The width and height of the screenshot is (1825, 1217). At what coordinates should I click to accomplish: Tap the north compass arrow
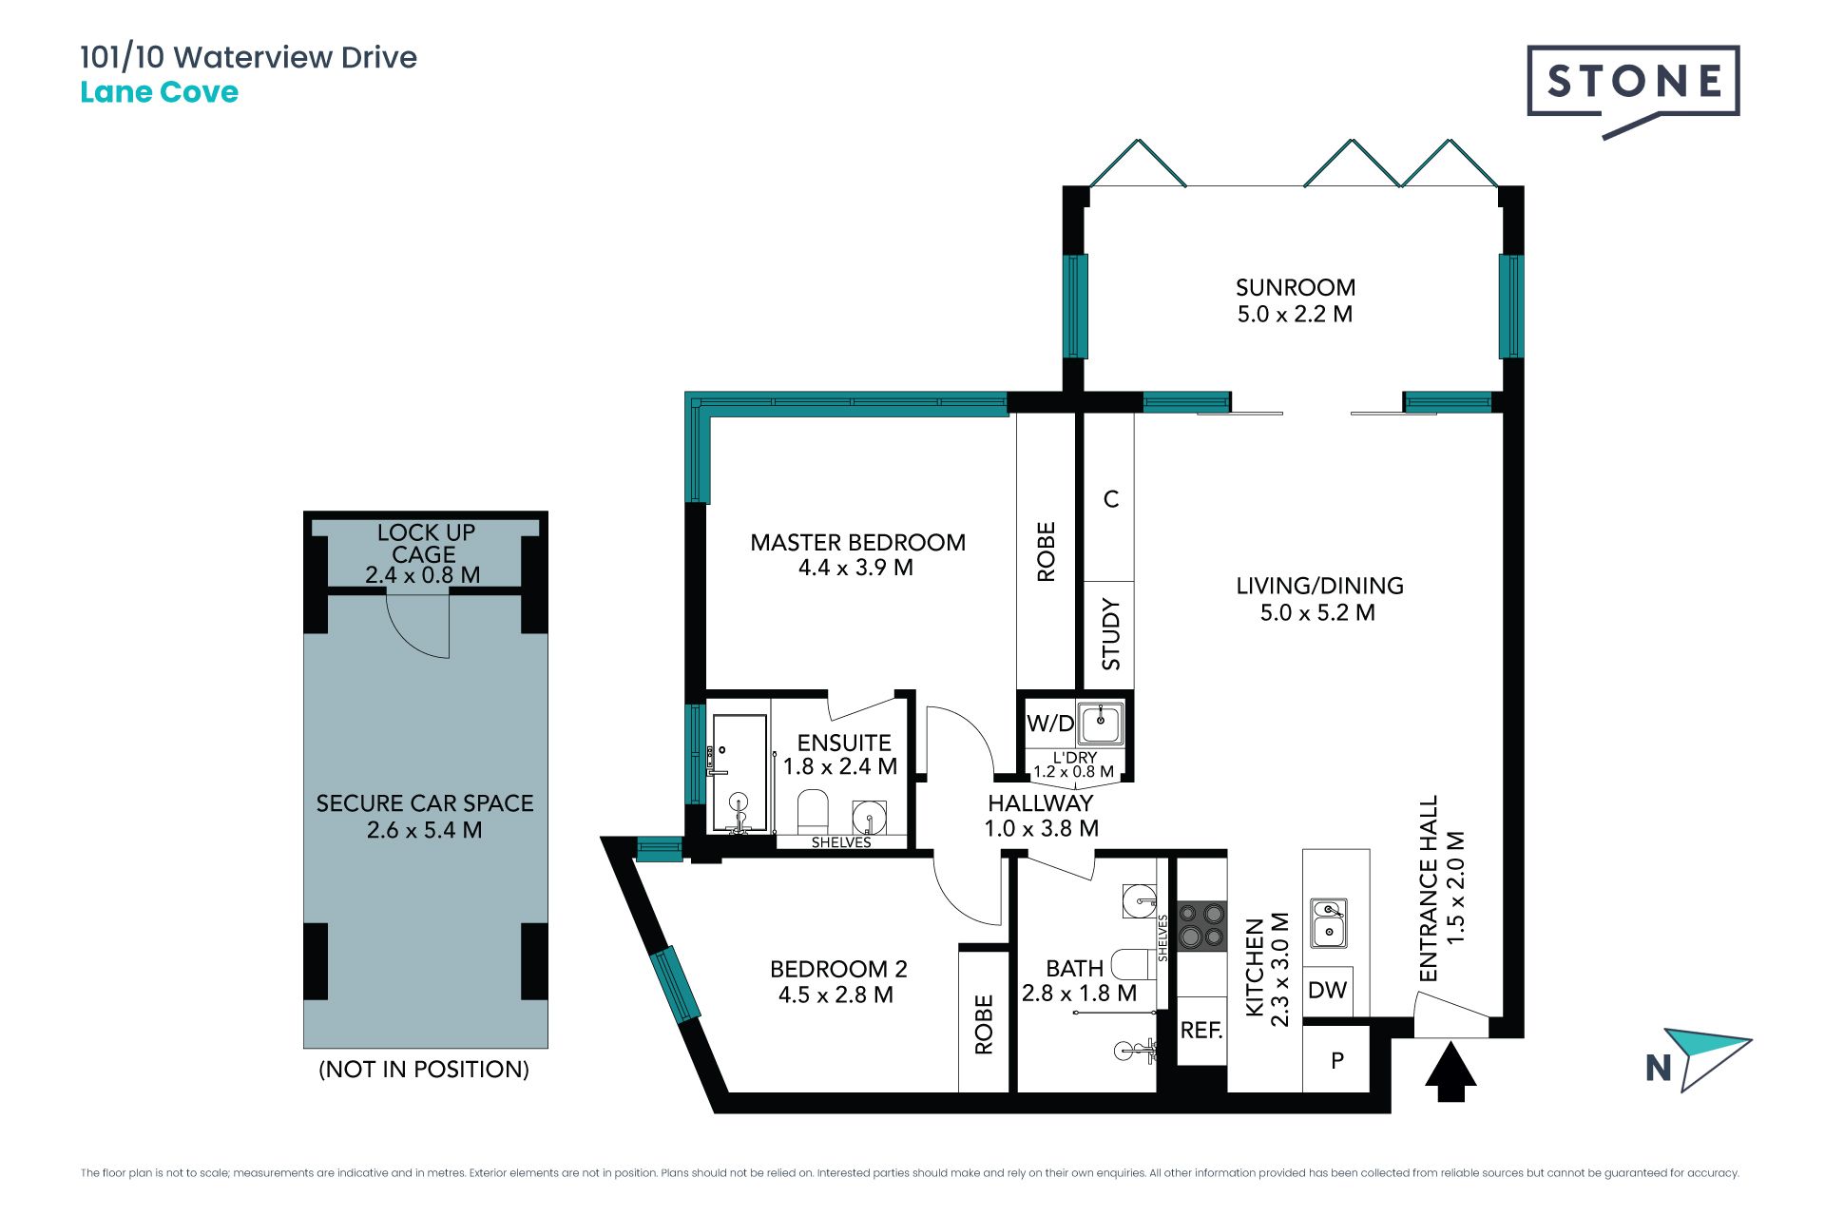[1707, 1056]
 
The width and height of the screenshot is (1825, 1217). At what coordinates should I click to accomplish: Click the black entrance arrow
[1450, 1072]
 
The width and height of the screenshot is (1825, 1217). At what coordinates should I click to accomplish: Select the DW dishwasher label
[1327, 990]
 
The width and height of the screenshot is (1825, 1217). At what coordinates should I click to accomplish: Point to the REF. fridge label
[1201, 1030]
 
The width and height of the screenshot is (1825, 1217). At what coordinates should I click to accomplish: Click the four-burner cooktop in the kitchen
[1201, 926]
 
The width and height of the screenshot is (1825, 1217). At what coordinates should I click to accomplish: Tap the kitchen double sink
[1329, 923]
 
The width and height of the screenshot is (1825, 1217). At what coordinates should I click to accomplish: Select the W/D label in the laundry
[1050, 724]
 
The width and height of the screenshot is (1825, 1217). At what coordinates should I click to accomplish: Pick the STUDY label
[1110, 634]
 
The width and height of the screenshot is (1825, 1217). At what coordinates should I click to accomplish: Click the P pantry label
[1337, 1060]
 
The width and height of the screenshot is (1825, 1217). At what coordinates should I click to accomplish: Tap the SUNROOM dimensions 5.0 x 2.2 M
[1295, 314]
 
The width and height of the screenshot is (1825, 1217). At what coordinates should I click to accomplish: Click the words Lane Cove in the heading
[159, 92]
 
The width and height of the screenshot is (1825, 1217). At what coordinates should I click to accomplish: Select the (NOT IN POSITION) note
[424, 1069]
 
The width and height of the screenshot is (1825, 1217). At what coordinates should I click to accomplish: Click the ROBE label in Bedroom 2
[984, 1024]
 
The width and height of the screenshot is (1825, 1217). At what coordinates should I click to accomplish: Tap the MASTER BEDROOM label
[857, 542]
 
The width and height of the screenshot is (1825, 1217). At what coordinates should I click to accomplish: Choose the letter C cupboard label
[1111, 499]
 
